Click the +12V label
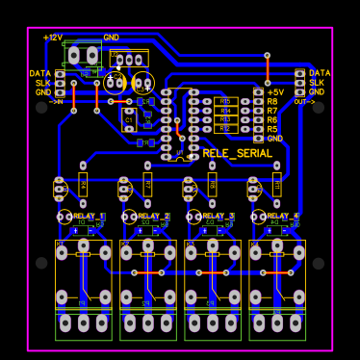pyautogui.click(x=53, y=37)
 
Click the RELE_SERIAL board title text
pyautogui.click(x=237, y=153)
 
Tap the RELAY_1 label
pyautogui.click(x=90, y=216)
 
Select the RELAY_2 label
pyautogui.click(x=153, y=216)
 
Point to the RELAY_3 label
pyautogui.click(x=219, y=216)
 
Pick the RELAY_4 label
pyautogui.click(x=283, y=216)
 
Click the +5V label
pyautogui.click(x=275, y=91)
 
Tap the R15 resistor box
pyautogui.click(x=226, y=100)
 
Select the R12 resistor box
pyautogui.click(x=226, y=128)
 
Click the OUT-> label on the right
pyautogui.click(x=304, y=101)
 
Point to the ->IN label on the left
pyautogui.click(x=56, y=101)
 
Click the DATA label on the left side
pyautogui.click(x=40, y=73)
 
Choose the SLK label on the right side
pyautogui.click(x=317, y=83)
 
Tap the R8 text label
pyautogui.click(x=272, y=101)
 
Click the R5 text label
pyautogui.click(x=272, y=129)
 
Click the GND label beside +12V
pyautogui.click(x=111, y=37)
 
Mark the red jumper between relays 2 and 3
pyautogui.click(x=147, y=272)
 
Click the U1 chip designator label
pyautogui.click(x=180, y=152)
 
